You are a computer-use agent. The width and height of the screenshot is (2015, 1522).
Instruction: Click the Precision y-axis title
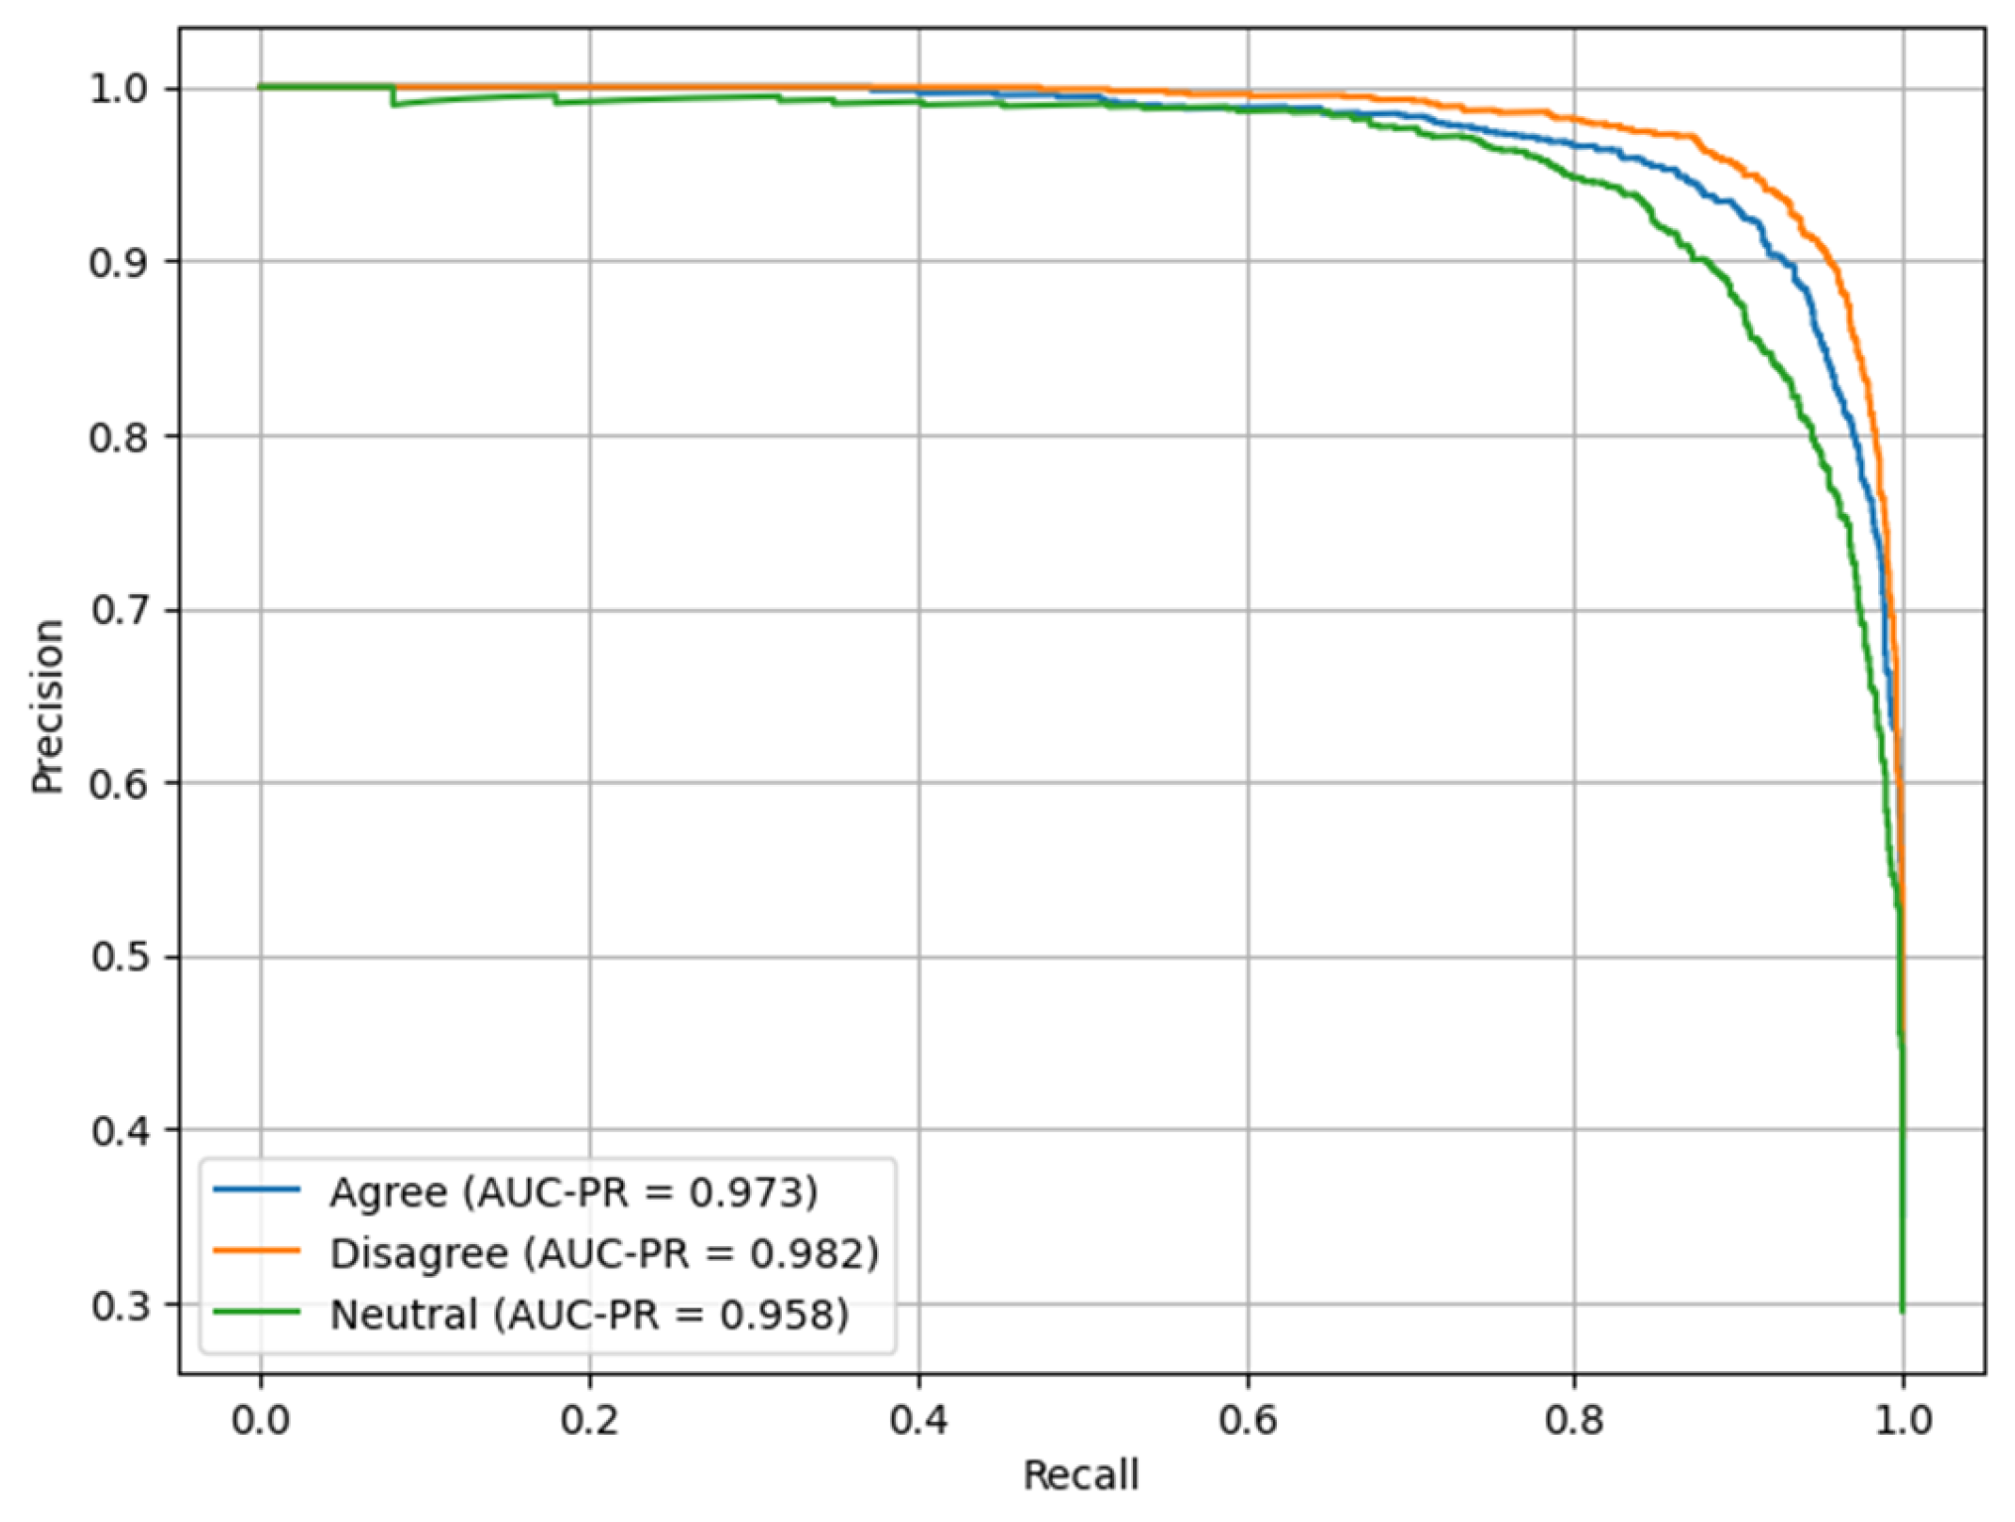click(x=47, y=705)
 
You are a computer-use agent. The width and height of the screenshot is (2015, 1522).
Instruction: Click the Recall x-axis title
click(x=1080, y=1475)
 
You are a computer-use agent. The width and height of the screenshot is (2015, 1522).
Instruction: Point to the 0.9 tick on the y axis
click(x=119, y=263)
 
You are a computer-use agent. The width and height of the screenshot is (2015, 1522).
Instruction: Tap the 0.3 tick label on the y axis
click(x=119, y=1306)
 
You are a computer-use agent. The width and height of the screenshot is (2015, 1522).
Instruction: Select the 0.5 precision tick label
click(x=119, y=957)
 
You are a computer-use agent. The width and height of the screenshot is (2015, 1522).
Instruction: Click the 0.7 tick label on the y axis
click(x=119, y=610)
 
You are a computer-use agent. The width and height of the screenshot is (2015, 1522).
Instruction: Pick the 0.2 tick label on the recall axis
click(x=589, y=1420)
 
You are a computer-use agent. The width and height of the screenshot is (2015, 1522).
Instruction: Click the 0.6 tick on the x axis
click(x=1247, y=1420)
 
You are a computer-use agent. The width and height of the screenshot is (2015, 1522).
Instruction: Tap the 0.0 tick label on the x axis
click(x=261, y=1420)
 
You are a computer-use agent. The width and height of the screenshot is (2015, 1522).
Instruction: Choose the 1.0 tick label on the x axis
click(x=1903, y=1420)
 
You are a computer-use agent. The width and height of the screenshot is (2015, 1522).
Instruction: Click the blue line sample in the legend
click(x=256, y=1190)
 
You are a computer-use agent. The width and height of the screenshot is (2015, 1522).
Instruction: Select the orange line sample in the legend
click(x=256, y=1251)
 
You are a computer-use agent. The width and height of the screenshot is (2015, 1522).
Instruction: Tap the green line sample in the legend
click(x=256, y=1313)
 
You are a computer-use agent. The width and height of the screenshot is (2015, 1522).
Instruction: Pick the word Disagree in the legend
click(x=419, y=1253)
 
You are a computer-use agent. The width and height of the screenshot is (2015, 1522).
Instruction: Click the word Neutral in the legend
click(x=404, y=1314)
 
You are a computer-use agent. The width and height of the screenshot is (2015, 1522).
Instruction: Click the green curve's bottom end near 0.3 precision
click(x=1902, y=1310)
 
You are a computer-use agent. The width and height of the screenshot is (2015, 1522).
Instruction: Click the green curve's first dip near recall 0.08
click(x=394, y=104)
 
